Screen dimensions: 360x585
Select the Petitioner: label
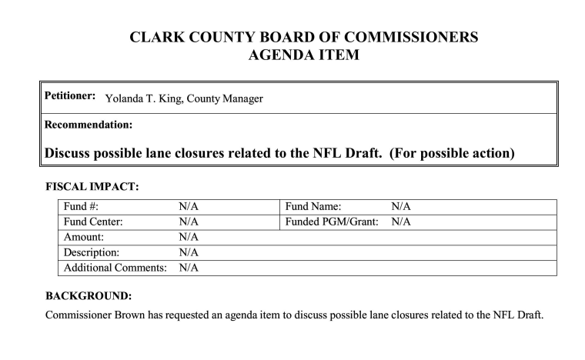(x=69, y=96)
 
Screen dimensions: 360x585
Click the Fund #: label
(x=81, y=206)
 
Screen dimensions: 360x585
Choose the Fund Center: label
(x=94, y=222)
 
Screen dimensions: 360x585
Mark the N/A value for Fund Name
(x=401, y=206)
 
